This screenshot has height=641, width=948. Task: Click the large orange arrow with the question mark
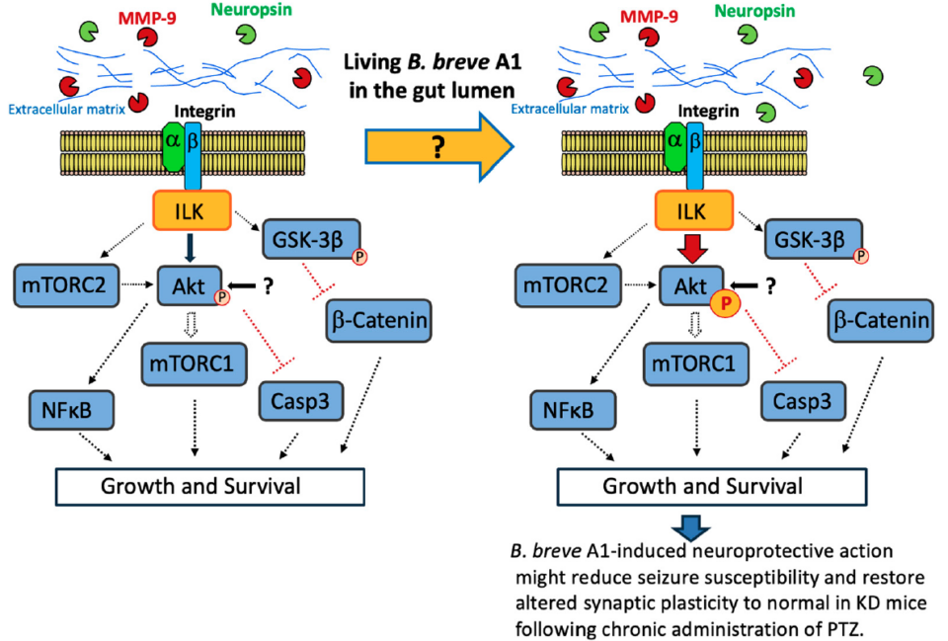438,146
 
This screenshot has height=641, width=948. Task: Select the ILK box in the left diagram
192,210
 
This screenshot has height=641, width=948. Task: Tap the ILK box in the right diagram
694,210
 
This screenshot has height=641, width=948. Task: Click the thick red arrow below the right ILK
693,249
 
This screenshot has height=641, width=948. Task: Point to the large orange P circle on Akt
725,303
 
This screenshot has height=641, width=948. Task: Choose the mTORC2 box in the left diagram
66,285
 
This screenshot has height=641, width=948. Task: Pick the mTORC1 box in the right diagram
696,364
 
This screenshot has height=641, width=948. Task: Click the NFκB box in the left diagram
71,410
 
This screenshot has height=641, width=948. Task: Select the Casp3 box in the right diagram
803,401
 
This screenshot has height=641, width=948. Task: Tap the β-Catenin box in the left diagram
379,320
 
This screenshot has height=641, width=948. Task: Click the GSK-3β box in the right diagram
813,239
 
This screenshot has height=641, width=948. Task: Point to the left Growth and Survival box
209,486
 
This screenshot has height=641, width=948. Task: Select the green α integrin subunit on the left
172,146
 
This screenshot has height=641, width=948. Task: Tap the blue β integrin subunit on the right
694,155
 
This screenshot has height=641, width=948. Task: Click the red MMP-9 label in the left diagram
147,18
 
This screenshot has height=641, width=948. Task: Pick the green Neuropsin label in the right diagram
754,11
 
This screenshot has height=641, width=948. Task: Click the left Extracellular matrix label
66,110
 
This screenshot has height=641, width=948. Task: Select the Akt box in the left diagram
190,285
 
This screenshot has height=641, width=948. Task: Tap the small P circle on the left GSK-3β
359,257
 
